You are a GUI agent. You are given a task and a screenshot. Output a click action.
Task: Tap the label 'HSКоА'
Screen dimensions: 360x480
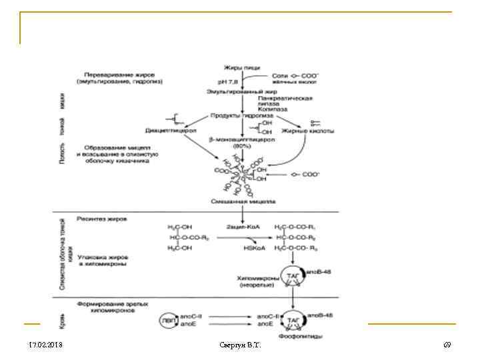coord(257,247)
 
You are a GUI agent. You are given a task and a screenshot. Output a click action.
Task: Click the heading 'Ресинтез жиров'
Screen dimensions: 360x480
coord(101,218)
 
